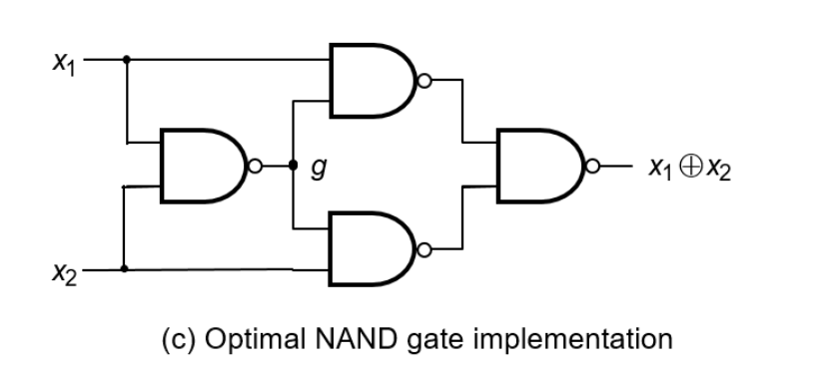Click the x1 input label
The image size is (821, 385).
[64, 63]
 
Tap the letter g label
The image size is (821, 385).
[319, 168]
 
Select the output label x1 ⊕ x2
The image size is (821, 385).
[689, 169]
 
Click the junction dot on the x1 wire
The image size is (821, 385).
[126, 60]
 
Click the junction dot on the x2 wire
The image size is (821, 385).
[124, 268]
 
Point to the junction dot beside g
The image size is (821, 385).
[294, 166]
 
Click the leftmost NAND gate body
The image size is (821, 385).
[204, 166]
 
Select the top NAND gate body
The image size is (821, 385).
[373, 81]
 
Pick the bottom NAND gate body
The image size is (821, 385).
[373, 249]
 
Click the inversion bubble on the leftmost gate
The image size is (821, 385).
[255, 166]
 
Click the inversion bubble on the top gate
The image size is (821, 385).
[424, 81]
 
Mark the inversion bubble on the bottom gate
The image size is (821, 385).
[424, 250]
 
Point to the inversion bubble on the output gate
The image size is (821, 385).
[592, 166]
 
